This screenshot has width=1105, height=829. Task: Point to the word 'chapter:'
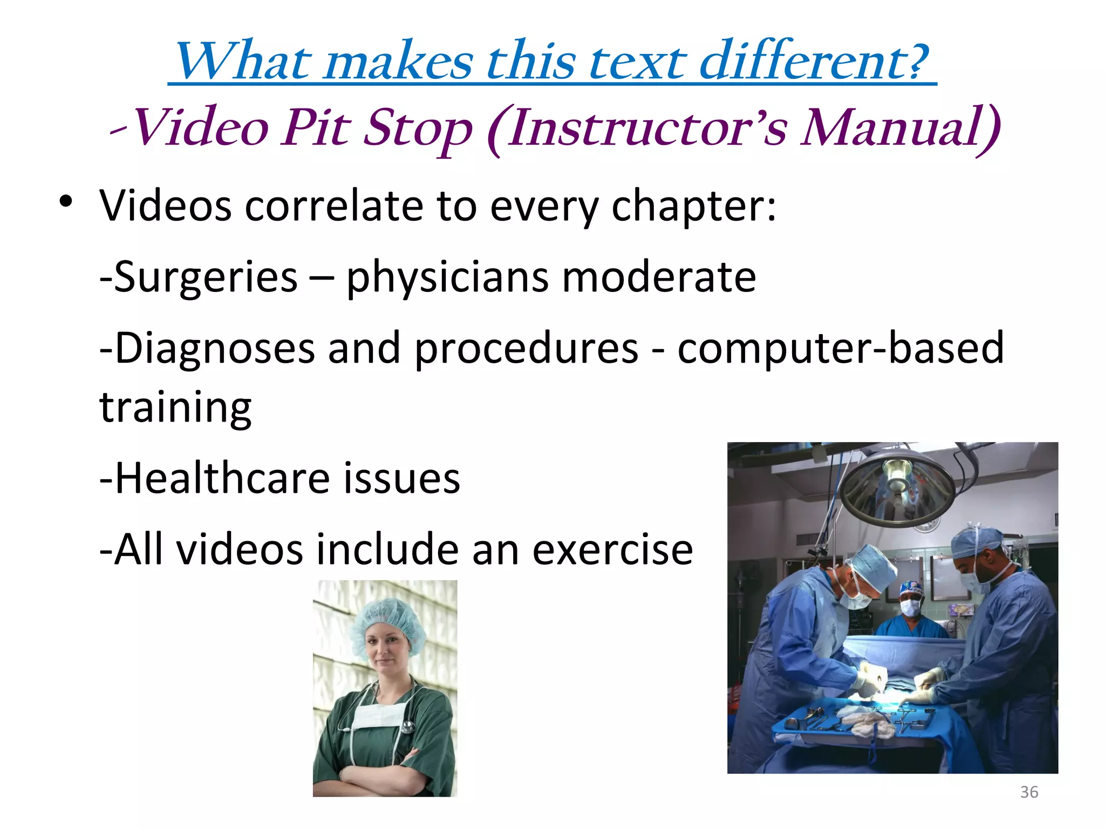pos(693,207)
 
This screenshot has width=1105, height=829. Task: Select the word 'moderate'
pos(659,277)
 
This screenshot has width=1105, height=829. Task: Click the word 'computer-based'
pos(841,349)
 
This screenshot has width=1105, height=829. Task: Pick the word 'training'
pos(175,407)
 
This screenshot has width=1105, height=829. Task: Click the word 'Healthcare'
pos(222,479)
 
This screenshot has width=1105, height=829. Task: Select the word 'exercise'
pos(612,549)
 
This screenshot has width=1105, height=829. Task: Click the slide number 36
pos(1029,792)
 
